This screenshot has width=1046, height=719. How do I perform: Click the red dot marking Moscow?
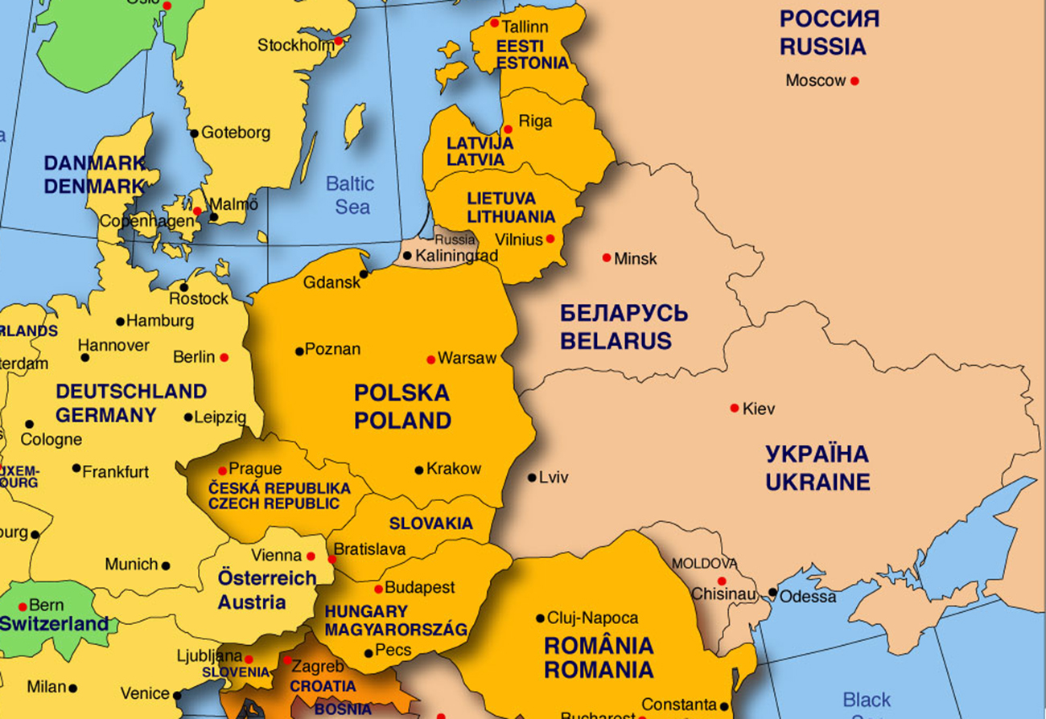point(855,81)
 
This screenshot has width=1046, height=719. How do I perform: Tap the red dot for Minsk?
point(607,257)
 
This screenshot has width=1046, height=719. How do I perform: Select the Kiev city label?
point(759,409)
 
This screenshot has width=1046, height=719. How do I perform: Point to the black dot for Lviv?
point(532,478)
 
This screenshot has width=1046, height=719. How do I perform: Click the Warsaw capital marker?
point(431,359)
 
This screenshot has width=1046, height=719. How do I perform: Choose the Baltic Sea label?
point(351,195)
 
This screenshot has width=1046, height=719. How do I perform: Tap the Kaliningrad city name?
point(457,256)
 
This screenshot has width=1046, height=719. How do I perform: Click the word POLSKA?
point(402,393)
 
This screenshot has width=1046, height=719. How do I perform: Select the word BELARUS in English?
point(616,341)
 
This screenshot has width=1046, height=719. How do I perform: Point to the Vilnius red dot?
point(550,239)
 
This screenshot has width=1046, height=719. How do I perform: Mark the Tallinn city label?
point(525,27)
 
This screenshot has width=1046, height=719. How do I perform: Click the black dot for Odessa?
point(772,593)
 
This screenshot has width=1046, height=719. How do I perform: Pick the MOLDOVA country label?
point(704,563)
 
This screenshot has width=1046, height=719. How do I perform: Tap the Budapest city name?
point(420,588)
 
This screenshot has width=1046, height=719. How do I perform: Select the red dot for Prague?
point(222,470)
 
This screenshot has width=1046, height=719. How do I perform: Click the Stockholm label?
point(295,46)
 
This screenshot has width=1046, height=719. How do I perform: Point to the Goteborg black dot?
point(194,134)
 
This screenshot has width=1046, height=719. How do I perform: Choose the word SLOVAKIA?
point(431,524)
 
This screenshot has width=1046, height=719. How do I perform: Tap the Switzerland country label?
point(54,624)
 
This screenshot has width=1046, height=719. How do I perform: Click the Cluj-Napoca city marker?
point(541,618)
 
